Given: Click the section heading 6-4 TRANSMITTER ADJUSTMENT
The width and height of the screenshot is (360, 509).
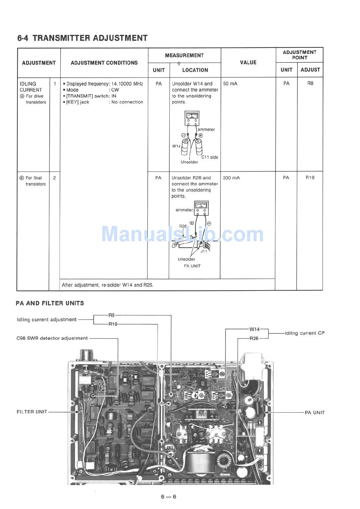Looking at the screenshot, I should point(82,38).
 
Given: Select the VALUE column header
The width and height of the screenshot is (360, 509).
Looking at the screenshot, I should point(248,63).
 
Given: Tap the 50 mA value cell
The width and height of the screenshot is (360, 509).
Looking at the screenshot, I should point(230,83).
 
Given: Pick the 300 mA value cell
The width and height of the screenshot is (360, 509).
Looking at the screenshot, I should point(231,178).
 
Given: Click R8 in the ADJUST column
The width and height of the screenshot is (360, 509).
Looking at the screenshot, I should point(310,83).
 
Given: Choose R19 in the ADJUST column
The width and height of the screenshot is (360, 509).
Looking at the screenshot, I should point(310,178).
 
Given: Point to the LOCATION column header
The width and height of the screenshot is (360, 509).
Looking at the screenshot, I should point(195,70).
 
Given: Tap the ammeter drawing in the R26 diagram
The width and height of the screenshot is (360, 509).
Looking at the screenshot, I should point(201,207).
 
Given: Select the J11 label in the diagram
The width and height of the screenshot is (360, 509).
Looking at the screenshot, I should point(204,251).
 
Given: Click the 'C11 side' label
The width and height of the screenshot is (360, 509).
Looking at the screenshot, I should point(210,157).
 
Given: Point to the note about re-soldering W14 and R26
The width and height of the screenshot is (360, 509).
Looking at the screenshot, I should point(108,285).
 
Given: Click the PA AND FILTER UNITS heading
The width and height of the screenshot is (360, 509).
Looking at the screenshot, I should point(50,303).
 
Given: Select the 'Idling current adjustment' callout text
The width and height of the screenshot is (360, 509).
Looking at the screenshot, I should point(47,320).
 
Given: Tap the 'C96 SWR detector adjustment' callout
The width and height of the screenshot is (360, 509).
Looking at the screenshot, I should point(52,338).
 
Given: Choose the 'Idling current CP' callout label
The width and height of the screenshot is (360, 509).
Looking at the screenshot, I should point(305,333).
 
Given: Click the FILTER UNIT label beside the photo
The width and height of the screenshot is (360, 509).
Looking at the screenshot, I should point(32,412).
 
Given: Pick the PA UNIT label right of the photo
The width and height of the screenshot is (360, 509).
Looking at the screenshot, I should point(315,412).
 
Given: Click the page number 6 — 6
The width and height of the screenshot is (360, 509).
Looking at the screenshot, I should point(169,497).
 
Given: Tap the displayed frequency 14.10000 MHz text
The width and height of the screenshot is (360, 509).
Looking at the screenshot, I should point(127,84).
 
